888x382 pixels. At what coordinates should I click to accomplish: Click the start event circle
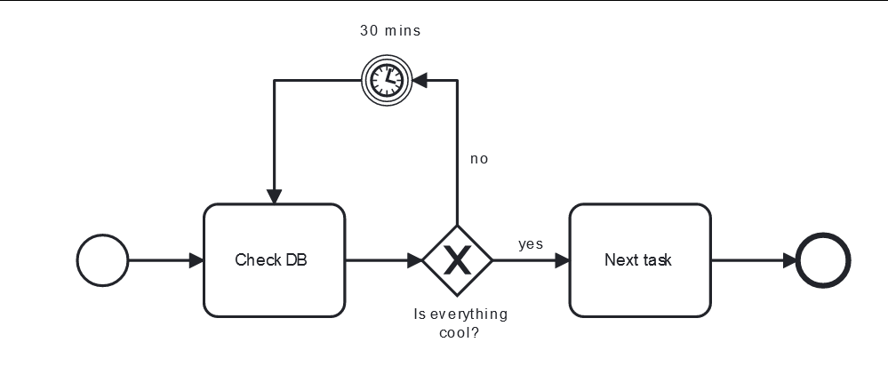coord(103,260)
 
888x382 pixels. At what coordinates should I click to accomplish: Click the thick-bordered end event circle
coord(824,260)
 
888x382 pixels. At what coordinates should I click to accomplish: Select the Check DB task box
coord(274,260)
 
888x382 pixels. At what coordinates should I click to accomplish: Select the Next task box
coord(639,260)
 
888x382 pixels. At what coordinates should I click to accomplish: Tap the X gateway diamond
coord(457,260)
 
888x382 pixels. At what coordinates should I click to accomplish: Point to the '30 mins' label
coord(390,30)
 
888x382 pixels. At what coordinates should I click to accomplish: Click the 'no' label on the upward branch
coord(479,159)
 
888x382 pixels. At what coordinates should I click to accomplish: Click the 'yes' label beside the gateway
coord(531,244)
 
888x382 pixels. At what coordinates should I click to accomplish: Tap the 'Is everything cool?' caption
coord(460,323)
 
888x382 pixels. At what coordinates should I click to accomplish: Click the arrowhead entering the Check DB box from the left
coord(196,260)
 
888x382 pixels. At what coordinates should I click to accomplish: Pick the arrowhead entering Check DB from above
coord(274,196)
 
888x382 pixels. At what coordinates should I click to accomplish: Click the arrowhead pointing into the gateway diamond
coord(414,260)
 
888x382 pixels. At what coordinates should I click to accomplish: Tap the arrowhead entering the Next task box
coord(562,260)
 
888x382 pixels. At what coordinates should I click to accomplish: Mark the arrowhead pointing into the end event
coord(789,260)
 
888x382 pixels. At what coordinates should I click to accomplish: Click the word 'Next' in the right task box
coord(620,260)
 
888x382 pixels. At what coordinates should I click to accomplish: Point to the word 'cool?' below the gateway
coord(460,333)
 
